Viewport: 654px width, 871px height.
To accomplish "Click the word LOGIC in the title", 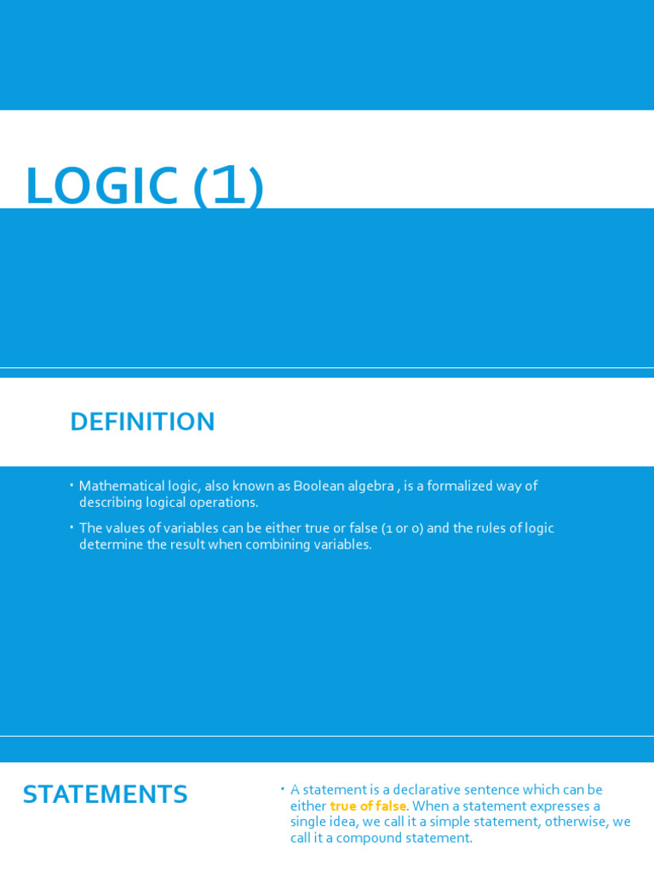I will click(x=101, y=186).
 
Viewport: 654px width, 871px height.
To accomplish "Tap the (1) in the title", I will click(x=228, y=186).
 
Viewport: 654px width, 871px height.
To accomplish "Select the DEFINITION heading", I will click(x=142, y=422).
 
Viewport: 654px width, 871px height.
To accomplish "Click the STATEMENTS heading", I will click(x=105, y=794).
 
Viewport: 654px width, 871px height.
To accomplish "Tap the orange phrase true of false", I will click(x=368, y=806).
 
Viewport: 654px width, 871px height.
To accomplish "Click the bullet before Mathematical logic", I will click(x=72, y=485).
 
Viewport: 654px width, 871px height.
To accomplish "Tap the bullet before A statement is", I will click(x=283, y=788).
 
